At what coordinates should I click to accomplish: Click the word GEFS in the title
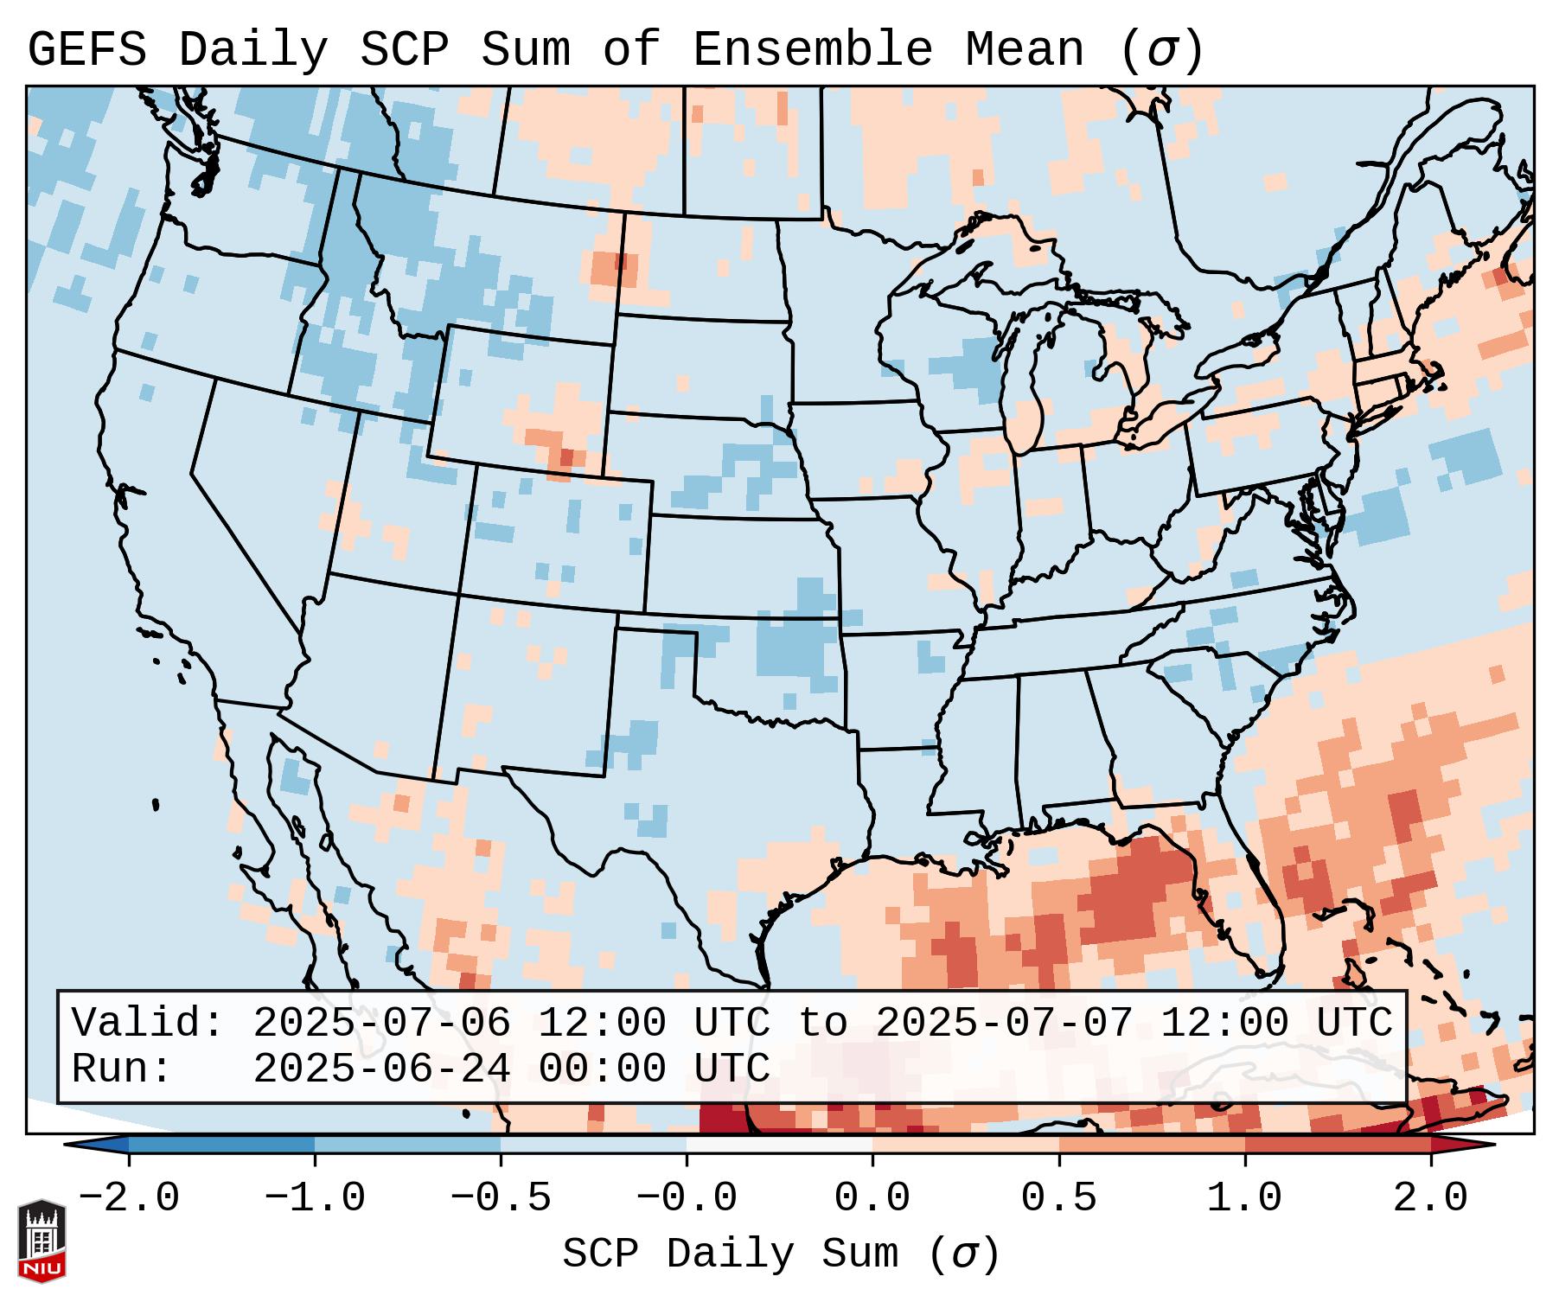pos(86,50)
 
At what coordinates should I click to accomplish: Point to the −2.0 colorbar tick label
pos(129,1198)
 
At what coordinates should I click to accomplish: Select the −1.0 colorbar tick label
pos(315,1198)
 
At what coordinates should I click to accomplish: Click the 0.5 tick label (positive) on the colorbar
pos(1058,1198)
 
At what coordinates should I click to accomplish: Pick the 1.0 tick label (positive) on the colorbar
pos(1244,1198)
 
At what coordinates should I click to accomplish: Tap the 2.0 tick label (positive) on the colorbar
pos(1430,1198)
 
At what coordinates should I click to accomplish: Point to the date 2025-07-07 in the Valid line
pos(1004,1023)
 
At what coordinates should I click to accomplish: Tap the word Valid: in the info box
pos(148,1023)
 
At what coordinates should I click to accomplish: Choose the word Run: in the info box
pos(122,1069)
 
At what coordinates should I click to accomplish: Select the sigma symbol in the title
pos(1160,50)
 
